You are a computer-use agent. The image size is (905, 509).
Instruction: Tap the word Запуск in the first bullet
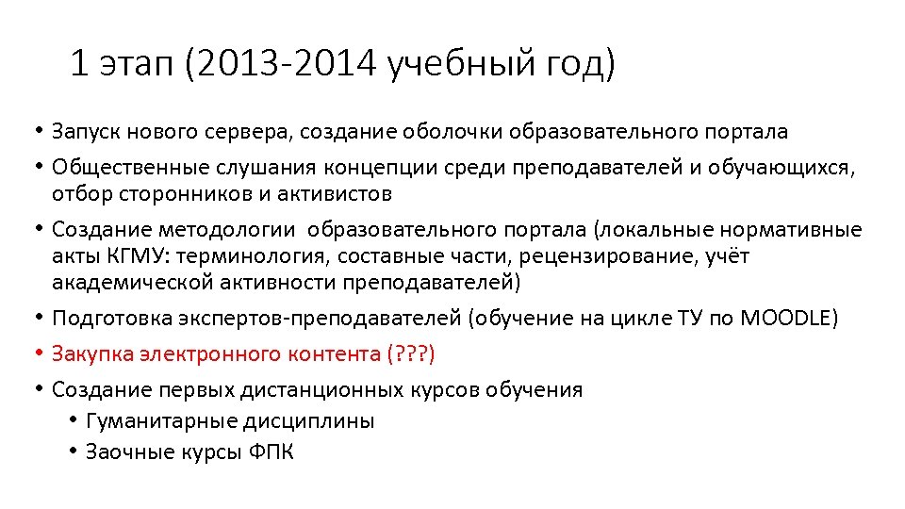(x=84, y=131)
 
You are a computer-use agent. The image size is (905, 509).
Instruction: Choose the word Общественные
(x=117, y=168)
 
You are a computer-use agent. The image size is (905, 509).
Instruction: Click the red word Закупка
(x=90, y=354)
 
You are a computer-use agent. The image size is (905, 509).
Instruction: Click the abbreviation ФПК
(x=272, y=452)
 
